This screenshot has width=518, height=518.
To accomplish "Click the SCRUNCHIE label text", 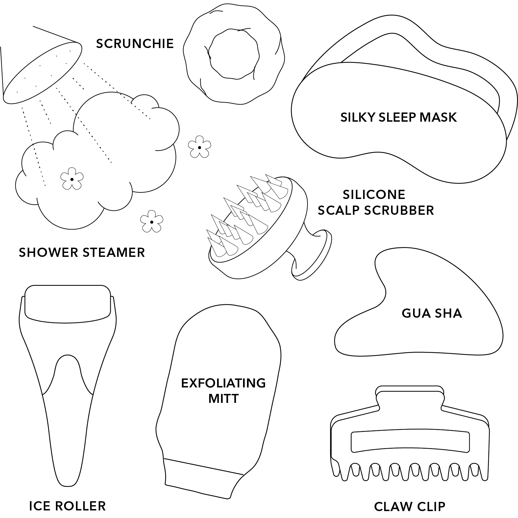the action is pyautogui.click(x=135, y=43).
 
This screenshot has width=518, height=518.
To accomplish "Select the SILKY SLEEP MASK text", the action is pyautogui.click(x=399, y=117).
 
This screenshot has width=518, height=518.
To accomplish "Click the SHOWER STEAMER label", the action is pyautogui.click(x=82, y=252).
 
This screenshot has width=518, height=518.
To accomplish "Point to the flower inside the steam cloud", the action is pyautogui.click(x=71, y=179).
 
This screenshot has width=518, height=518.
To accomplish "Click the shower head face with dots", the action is pyautogui.click(x=42, y=72).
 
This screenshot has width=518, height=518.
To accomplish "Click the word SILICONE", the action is pyautogui.click(x=374, y=194).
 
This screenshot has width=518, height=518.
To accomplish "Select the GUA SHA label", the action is pyautogui.click(x=432, y=313).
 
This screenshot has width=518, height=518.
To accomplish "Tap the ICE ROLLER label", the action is pyautogui.click(x=67, y=506).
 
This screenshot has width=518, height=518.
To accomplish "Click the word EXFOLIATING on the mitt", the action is pyautogui.click(x=223, y=383).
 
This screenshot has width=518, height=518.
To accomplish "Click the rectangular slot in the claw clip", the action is pyautogui.click(x=410, y=442).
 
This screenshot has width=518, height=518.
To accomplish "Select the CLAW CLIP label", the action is pyautogui.click(x=409, y=506).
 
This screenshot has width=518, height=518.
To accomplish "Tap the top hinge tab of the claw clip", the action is pyautogui.click(x=410, y=396).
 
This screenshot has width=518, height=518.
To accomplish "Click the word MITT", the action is pyautogui.click(x=224, y=398).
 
